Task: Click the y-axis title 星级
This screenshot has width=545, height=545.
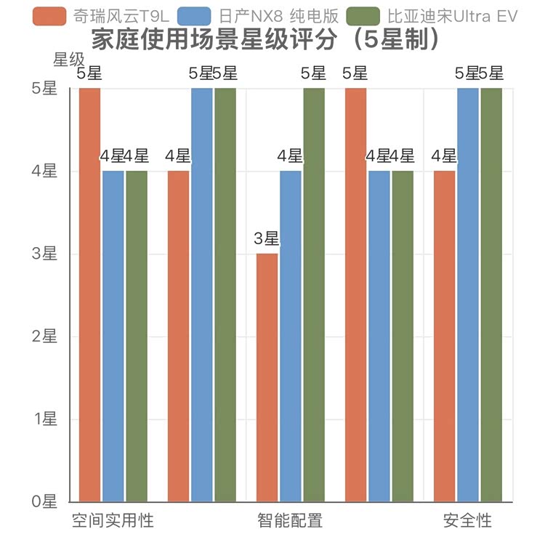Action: [x=69, y=60]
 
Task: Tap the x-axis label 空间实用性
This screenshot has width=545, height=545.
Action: [x=113, y=521]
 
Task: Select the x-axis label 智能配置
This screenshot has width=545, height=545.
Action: [x=290, y=521]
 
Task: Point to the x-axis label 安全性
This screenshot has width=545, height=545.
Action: [x=467, y=521]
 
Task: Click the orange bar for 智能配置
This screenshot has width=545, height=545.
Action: [x=267, y=377]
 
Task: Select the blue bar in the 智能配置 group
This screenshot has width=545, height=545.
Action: [x=291, y=336]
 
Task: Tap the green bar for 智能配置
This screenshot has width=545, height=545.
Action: [x=314, y=294]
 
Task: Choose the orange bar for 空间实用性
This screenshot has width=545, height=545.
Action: [x=90, y=294]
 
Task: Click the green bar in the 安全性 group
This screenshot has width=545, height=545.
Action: [x=491, y=294]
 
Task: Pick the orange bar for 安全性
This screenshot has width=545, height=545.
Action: [x=445, y=336]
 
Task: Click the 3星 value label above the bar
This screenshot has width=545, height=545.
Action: [x=267, y=238]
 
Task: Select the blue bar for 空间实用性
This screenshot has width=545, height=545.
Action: [x=113, y=336]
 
